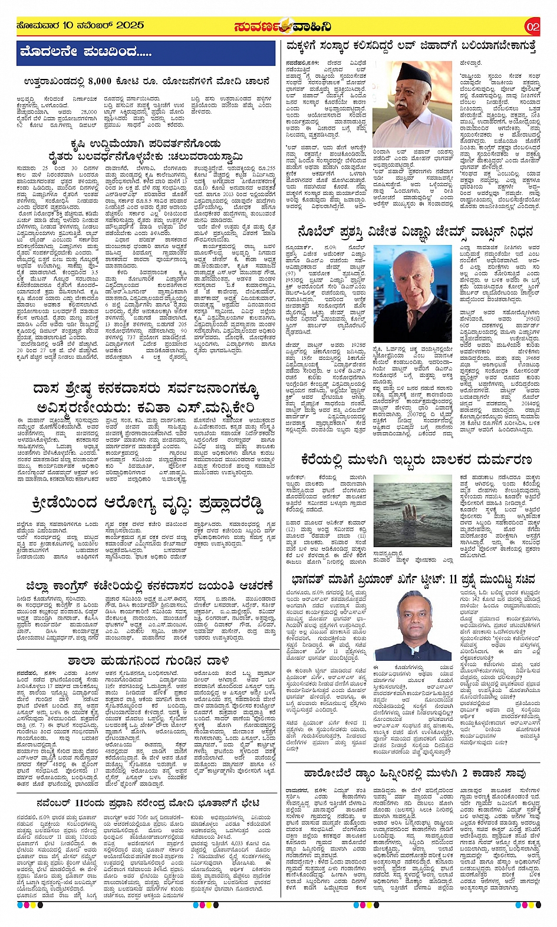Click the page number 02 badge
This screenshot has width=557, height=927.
(x=532, y=27)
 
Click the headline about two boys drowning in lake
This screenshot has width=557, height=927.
(x=416, y=458)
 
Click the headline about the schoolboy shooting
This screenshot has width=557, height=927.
(x=148, y=660)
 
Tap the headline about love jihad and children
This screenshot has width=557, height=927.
(x=411, y=45)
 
